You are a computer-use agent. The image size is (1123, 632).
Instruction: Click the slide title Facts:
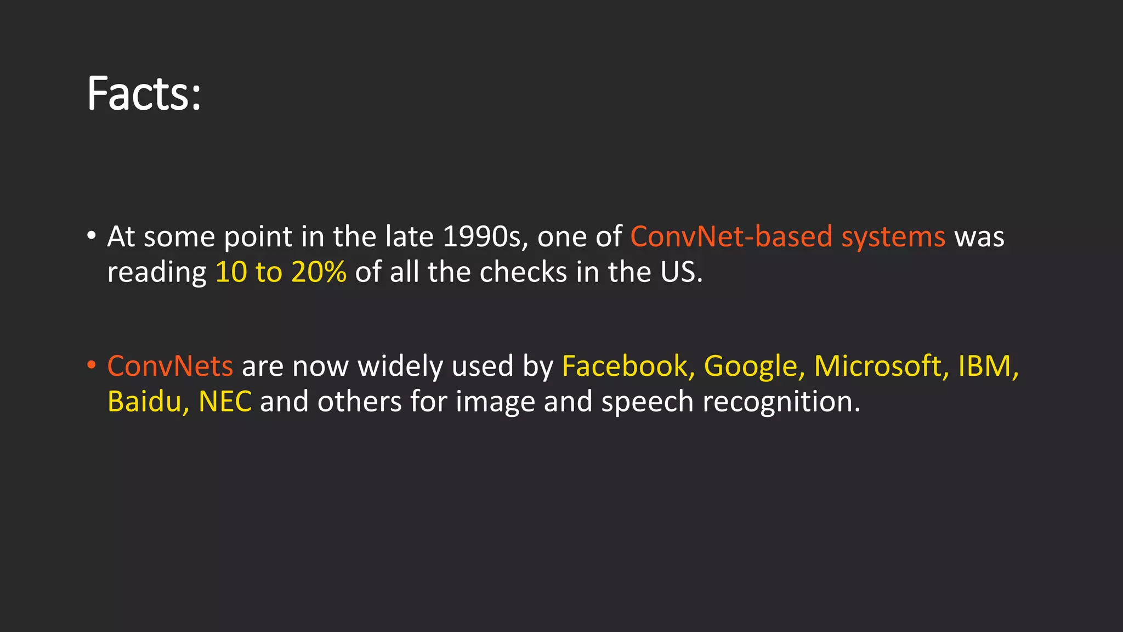coord(144,94)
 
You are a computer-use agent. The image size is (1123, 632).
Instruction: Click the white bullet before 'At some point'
coord(92,236)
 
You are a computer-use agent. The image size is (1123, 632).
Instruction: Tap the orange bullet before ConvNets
coord(92,365)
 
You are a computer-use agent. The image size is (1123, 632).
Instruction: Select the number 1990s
coord(485,237)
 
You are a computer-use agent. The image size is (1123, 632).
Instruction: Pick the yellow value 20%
coord(319,272)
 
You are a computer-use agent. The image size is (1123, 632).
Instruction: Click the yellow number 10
coord(231,272)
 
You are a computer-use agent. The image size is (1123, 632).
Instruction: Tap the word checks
coord(523,272)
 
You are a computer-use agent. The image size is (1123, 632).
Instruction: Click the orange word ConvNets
coord(170,366)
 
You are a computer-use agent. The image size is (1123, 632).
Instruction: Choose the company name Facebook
coord(625,366)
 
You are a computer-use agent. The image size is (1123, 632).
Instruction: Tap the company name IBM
coord(984,366)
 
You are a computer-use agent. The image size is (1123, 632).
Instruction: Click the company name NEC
coord(225,402)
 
